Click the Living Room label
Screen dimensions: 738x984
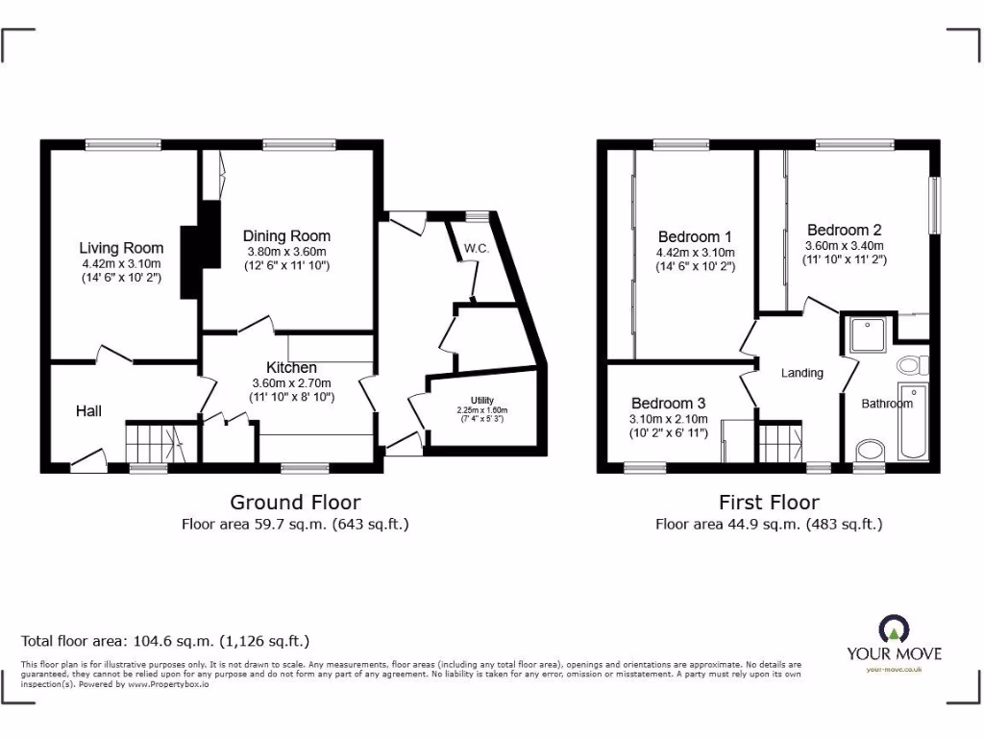121,248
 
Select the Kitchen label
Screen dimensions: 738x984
291,367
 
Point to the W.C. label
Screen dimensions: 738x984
477,248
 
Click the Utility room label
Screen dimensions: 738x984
481,400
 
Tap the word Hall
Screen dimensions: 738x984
88,411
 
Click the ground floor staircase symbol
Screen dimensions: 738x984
153,443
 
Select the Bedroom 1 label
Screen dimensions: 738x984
695,236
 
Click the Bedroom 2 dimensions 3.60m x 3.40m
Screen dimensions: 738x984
844,245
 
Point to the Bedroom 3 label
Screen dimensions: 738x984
668,404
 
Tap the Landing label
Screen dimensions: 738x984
801,373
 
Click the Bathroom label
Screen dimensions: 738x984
886,404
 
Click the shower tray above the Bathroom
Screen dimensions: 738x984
870,333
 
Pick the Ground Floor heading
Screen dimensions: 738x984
295,502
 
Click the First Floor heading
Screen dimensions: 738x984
769,502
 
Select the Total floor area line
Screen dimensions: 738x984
165,641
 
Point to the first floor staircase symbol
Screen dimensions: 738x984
779,443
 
